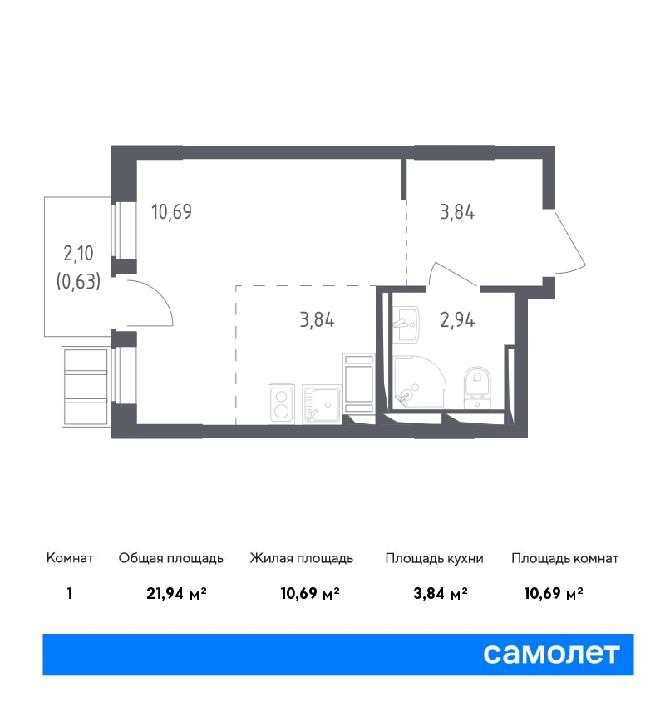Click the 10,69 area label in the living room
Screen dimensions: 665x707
[x=172, y=211]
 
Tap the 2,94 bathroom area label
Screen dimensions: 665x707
[x=457, y=319]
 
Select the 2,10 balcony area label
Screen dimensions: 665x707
[x=78, y=254]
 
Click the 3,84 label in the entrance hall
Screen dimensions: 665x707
[x=457, y=211]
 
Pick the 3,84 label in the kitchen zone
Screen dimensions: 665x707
[x=318, y=319]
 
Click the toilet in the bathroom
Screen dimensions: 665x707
[x=477, y=387]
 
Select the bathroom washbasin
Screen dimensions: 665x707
[x=406, y=324]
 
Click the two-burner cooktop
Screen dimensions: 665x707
[x=282, y=404]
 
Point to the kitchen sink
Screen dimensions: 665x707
[x=322, y=404]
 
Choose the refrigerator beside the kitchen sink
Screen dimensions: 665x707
[x=358, y=383]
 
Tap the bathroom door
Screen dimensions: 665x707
[x=452, y=272]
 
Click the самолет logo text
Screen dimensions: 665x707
[x=551, y=654]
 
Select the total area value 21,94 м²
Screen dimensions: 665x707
[x=176, y=593]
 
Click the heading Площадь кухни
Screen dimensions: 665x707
[x=434, y=559]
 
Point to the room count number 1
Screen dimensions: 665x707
[x=69, y=593]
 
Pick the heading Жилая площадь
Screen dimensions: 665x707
[x=302, y=559]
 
